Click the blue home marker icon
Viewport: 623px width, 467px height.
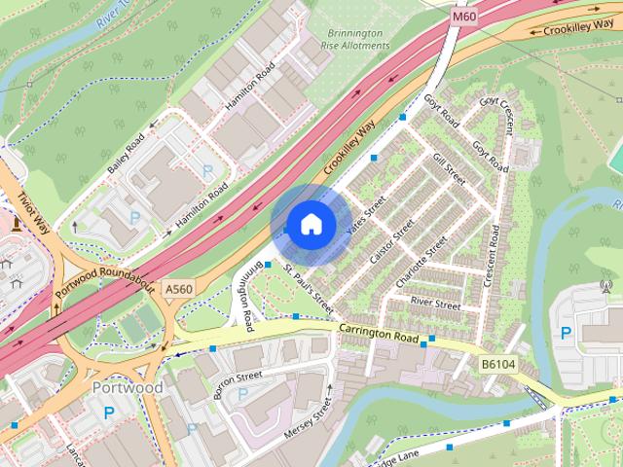[x=310, y=224]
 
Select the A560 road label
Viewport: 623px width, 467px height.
[x=178, y=289]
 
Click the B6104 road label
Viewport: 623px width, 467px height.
[x=497, y=363]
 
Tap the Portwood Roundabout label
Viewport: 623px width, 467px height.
[x=106, y=283]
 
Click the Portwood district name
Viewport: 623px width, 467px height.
[x=127, y=387]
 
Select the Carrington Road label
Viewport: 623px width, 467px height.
[x=378, y=336]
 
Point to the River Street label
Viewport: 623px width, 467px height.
[x=435, y=305]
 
